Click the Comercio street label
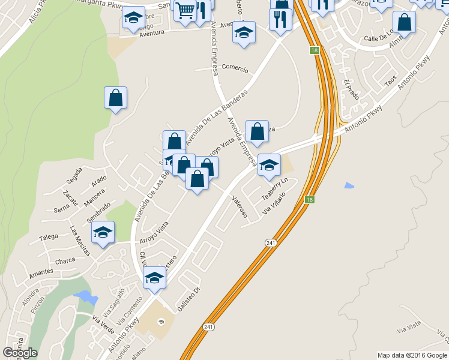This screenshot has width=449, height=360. click(x=234, y=68)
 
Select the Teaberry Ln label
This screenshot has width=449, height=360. click(x=275, y=189)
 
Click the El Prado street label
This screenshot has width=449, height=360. click(x=351, y=90)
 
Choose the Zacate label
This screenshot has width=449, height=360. click(x=70, y=199)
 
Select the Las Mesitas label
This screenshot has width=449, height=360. click(x=79, y=241)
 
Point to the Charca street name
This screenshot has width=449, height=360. click(x=65, y=261)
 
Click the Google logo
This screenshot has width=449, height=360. click(x=20, y=353)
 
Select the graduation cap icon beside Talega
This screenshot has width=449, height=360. click(x=103, y=232)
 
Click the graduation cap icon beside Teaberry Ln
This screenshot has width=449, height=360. click(x=269, y=164)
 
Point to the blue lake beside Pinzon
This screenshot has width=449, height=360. click(x=85, y=297)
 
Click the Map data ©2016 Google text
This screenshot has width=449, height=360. click(x=412, y=355)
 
